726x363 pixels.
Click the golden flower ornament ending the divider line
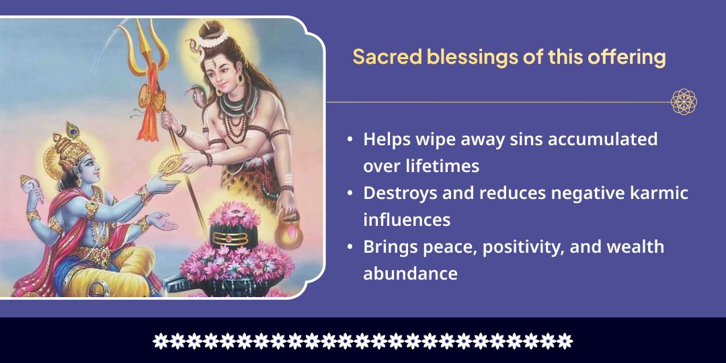pos(684,102)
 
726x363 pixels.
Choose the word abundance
pos(410,274)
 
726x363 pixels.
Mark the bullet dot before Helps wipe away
pos(350,140)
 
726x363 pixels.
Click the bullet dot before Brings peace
pos(350,247)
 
